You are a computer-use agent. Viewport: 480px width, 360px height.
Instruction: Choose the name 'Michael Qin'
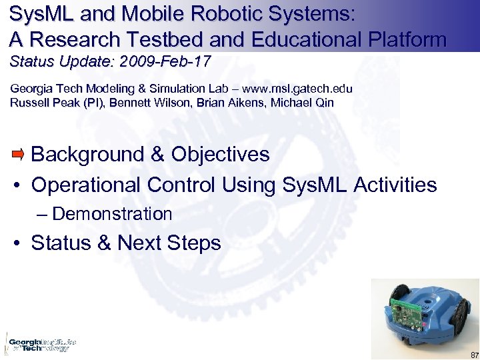click(302, 103)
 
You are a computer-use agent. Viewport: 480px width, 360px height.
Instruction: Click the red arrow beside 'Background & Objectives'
click(18, 155)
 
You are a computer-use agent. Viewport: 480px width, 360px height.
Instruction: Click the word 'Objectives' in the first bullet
click(221, 155)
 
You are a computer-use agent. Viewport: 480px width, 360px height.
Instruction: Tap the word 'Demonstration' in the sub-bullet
click(112, 214)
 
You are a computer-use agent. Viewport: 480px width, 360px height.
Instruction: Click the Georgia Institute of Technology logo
click(40, 344)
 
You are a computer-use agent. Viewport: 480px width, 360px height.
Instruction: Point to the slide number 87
click(473, 354)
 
